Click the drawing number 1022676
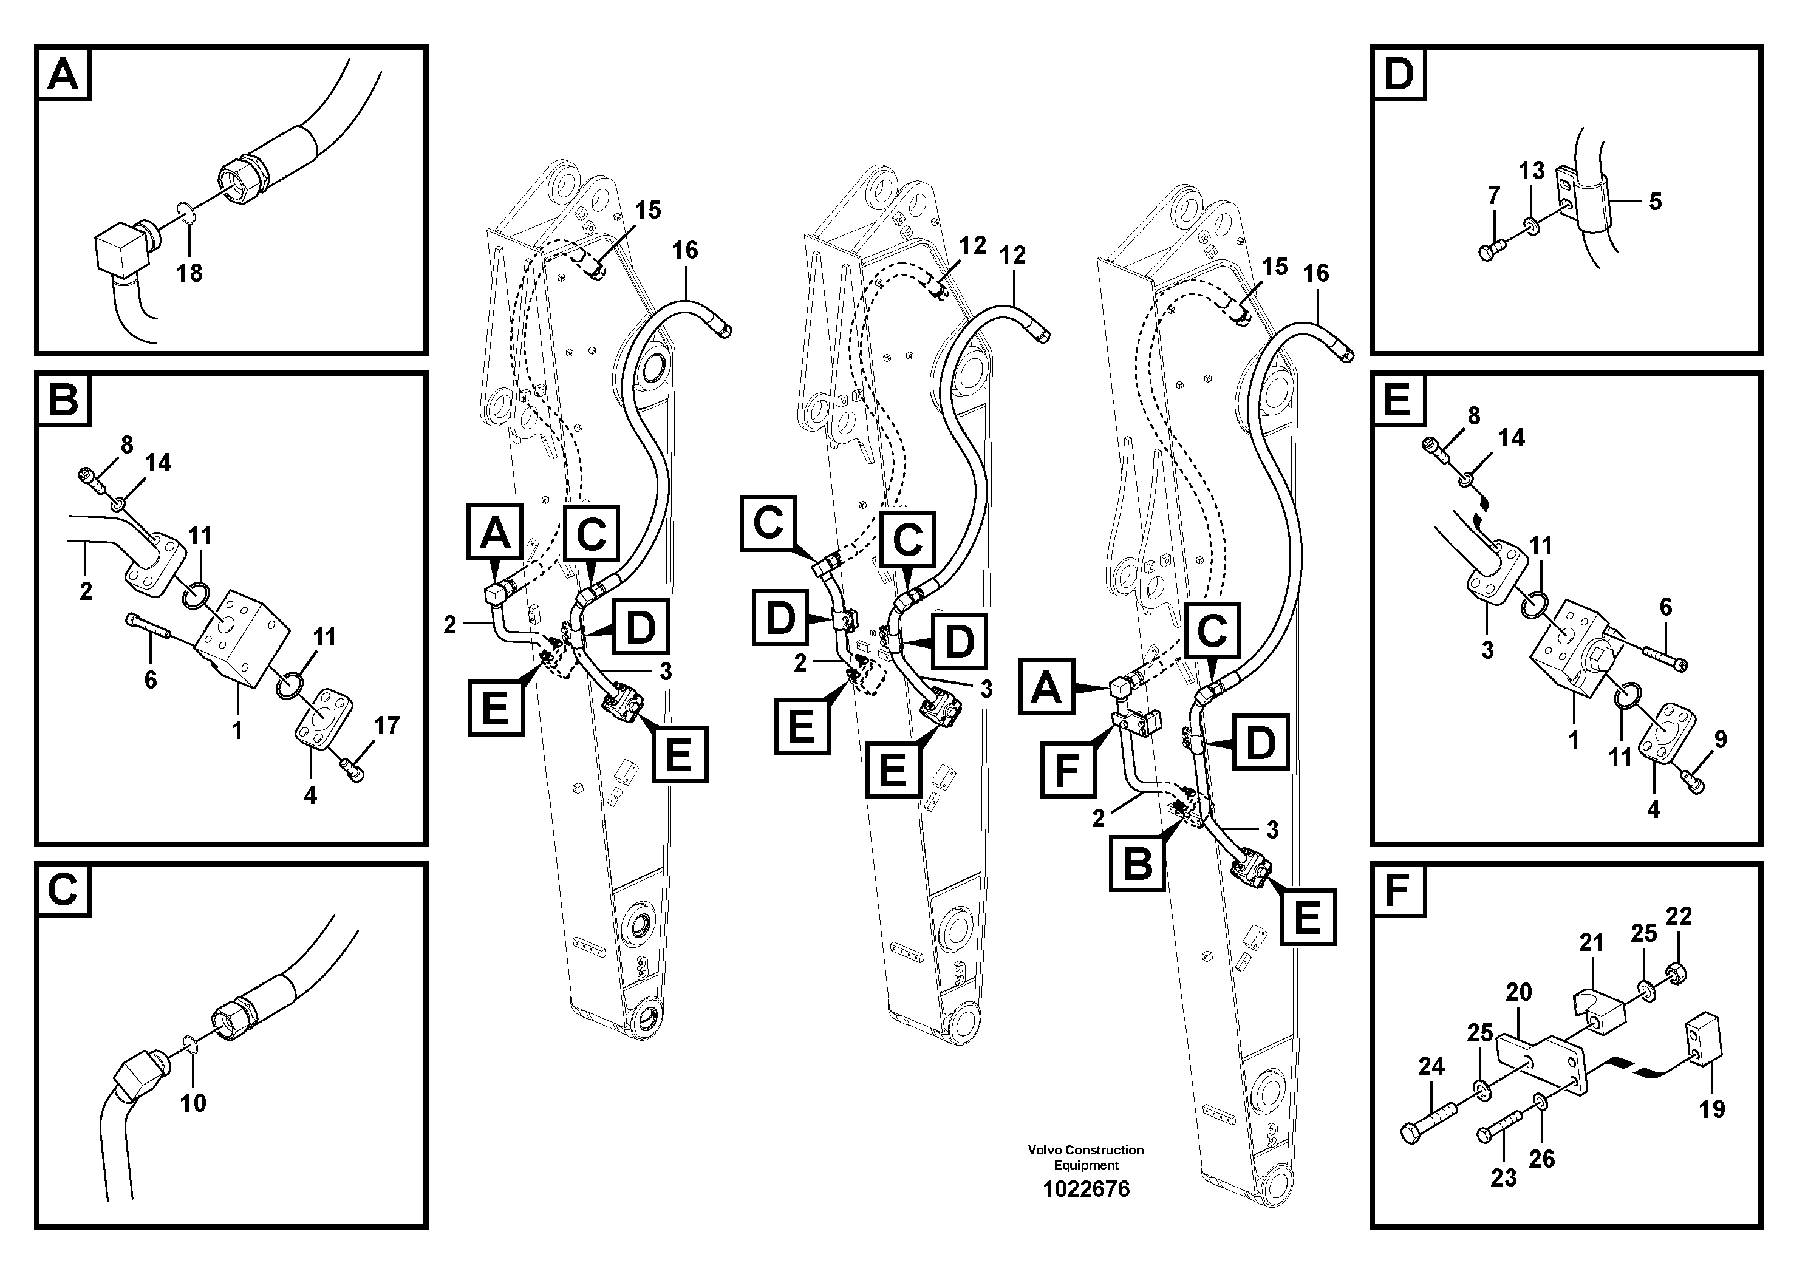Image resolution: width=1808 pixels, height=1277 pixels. coord(1086,1189)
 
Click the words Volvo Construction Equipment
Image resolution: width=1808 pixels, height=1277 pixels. coord(1086,1157)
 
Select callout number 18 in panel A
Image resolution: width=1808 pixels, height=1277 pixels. coord(189,273)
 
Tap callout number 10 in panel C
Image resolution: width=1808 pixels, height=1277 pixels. coord(193,1103)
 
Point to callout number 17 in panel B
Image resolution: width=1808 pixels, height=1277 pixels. coord(387,725)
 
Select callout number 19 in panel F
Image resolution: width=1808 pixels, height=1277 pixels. coord(1712,1109)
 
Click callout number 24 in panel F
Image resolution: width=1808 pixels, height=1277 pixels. coord(1431,1066)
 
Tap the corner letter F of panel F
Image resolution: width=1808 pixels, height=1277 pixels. coord(1397,891)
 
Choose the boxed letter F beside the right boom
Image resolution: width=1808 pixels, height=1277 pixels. coord(1067,769)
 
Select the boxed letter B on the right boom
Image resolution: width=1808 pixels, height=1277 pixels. coord(1136,863)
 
